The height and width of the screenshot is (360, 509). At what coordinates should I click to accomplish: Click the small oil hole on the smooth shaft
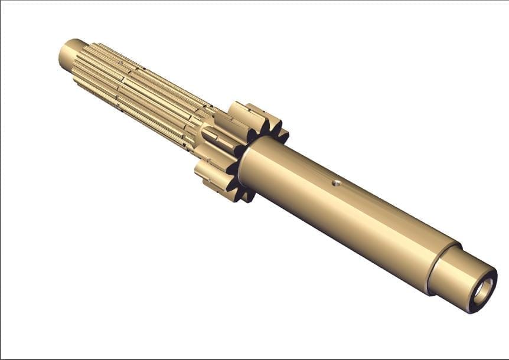point(335,182)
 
